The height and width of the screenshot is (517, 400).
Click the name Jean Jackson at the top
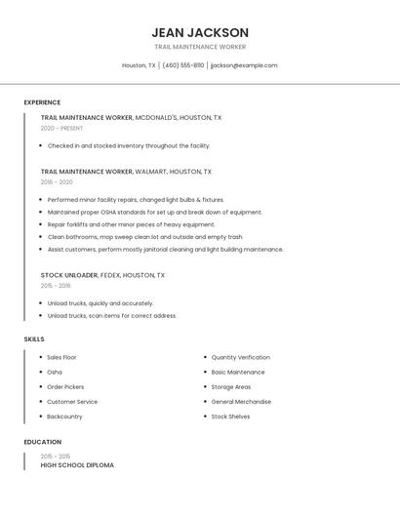click(x=200, y=32)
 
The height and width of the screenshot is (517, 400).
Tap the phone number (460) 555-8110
click(x=183, y=65)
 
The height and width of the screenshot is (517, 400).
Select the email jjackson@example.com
click(x=244, y=65)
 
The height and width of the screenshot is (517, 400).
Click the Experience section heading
click(x=42, y=102)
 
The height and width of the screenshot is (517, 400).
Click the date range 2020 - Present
click(x=61, y=128)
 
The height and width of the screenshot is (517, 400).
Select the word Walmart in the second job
click(x=151, y=171)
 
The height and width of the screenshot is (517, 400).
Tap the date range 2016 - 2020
click(x=57, y=181)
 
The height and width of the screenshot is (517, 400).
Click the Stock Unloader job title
click(x=69, y=275)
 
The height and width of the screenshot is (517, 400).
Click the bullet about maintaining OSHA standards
click(x=154, y=212)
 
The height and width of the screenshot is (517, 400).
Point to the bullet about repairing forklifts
click(x=131, y=224)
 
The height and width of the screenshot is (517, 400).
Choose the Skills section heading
click(x=34, y=338)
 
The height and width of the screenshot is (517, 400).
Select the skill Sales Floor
click(x=61, y=357)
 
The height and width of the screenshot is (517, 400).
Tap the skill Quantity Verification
click(x=240, y=357)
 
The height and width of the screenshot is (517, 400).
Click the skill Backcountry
click(x=64, y=417)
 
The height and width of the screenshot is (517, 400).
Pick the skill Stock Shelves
click(x=230, y=417)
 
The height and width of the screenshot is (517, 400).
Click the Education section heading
click(x=42, y=442)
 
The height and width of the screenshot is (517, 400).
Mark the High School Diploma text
click(x=77, y=465)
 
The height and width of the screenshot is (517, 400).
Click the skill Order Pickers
click(x=65, y=386)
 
